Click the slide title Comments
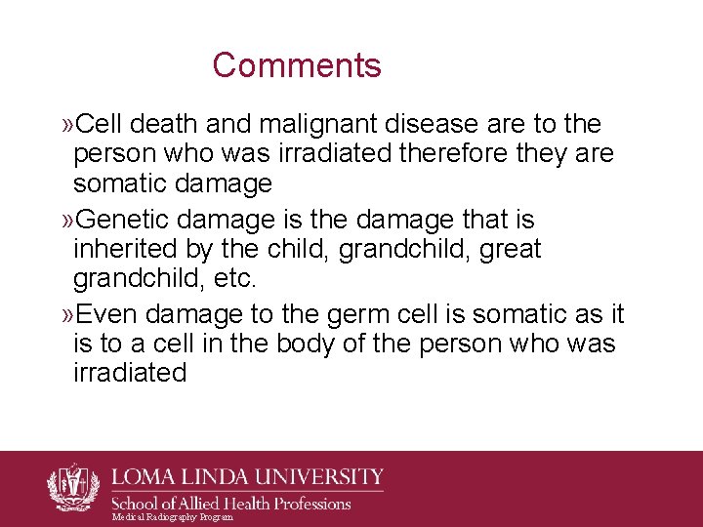click(x=297, y=65)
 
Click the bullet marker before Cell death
click(x=67, y=125)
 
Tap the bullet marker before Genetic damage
click(x=67, y=220)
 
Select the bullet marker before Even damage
click(x=67, y=314)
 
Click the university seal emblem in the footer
click(x=73, y=487)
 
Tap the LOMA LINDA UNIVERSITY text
click(x=248, y=478)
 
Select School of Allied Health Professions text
click(x=232, y=504)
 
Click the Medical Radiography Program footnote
click(x=173, y=517)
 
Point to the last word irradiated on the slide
click(x=130, y=374)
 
